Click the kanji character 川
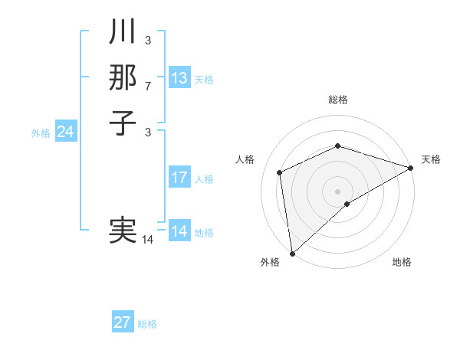123,32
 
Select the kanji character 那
123,77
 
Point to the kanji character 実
123,231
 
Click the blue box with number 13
179,78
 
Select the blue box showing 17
179,178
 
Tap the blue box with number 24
66,132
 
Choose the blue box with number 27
123,322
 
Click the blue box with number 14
179,231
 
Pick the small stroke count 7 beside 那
148,85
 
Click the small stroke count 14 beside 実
148,240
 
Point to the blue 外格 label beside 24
41,133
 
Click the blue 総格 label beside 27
147,324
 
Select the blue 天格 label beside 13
204,80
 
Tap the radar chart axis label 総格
338,100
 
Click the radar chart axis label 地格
402,263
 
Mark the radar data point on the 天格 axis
411,168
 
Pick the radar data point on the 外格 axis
292,253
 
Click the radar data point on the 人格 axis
280,172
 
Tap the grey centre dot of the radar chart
337,191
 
